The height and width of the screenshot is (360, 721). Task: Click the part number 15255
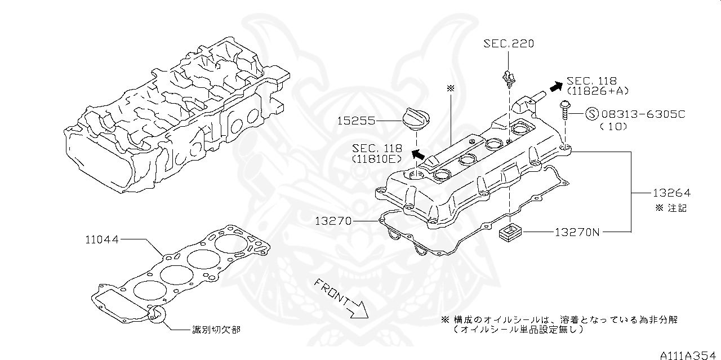point(357,121)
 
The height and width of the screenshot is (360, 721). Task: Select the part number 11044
point(102,239)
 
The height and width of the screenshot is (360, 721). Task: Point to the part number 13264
point(671,193)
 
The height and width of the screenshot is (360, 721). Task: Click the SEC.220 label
point(509,44)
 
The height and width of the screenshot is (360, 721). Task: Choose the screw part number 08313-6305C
point(643,114)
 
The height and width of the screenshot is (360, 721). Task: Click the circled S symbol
point(592,114)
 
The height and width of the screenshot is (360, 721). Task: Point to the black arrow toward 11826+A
point(556,86)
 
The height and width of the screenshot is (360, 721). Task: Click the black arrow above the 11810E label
point(417,154)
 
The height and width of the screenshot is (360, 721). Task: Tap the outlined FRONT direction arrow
point(357,307)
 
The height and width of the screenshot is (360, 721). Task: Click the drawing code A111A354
point(690,355)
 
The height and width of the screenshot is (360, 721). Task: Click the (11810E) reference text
point(377,159)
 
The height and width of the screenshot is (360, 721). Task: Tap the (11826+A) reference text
point(598,91)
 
